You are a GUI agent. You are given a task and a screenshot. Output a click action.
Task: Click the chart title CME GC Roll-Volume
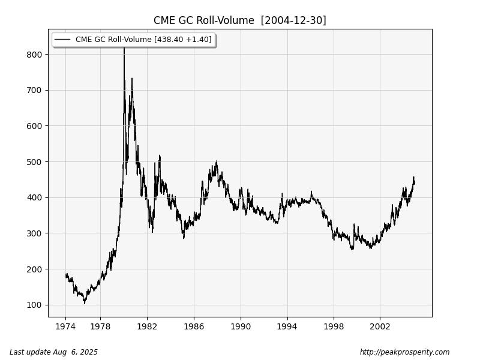tap(204, 20)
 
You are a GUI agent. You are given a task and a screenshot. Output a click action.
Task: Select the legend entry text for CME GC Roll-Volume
tap(143, 40)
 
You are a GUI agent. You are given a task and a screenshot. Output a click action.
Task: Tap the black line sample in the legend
tap(62, 40)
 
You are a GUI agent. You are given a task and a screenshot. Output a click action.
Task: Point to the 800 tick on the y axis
tap(34, 55)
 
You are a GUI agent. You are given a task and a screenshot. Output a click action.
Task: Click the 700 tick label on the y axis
tap(34, 90)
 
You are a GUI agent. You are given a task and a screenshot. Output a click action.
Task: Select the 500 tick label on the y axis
tap(34, 162)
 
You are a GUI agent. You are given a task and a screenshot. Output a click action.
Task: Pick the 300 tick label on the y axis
tap(34, 233)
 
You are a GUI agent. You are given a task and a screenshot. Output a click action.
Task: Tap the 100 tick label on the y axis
tap(34, 305)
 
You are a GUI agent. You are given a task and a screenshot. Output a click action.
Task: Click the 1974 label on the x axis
tap(65, 327)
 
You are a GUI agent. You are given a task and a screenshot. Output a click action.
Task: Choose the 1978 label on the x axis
tap(100, 327)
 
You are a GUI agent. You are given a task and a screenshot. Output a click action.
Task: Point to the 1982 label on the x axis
tap(147, 327)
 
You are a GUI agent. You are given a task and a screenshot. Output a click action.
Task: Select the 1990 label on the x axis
tap(241, 327)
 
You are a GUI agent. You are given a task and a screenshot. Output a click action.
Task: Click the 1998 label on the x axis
tap(334, 327)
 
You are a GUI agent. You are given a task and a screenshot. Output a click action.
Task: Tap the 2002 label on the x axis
tap(380, 327)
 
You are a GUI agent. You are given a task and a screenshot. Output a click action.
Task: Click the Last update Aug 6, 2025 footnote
tap(53, 352)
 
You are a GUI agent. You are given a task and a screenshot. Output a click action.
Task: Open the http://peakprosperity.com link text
tap(404, 352)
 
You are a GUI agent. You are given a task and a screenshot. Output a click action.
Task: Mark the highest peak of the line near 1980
tap(124, 47)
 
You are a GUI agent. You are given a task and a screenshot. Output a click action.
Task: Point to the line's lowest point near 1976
tap(85, 303)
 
